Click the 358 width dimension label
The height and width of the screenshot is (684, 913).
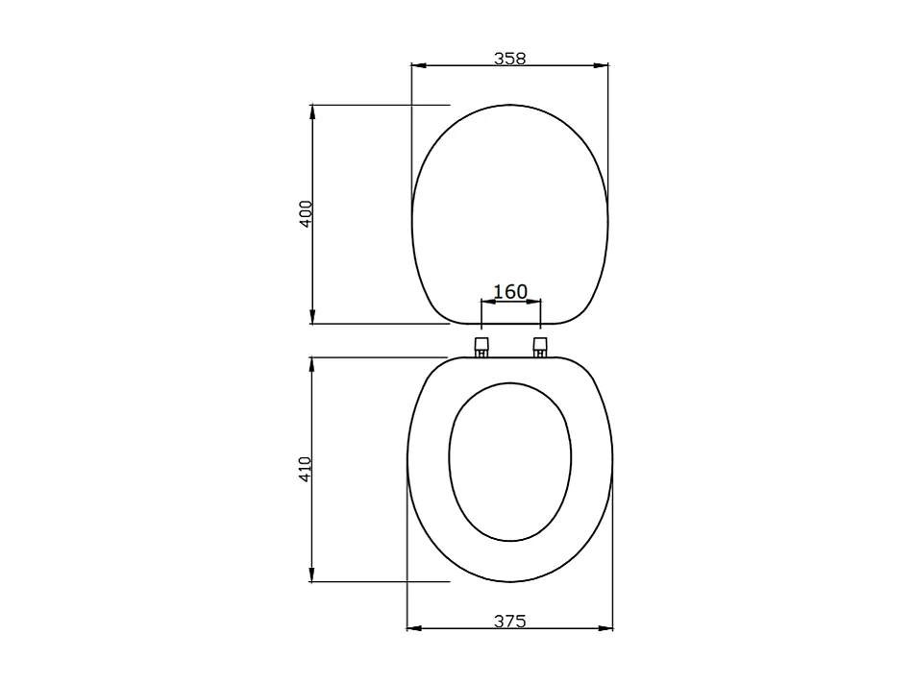click(509, 58)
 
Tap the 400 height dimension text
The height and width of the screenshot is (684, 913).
click(306, 213)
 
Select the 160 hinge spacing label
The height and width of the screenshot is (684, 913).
click(510, 290)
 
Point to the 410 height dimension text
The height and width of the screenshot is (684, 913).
click(306, 469)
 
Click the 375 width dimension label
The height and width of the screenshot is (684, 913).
click(509, 621)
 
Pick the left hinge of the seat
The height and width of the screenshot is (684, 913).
click(481, 345)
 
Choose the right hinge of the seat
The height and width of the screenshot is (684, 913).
click(540, 345)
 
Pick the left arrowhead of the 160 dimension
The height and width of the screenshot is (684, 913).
click(486, 302)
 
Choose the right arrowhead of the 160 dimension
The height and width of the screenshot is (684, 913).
click(535, 302)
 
